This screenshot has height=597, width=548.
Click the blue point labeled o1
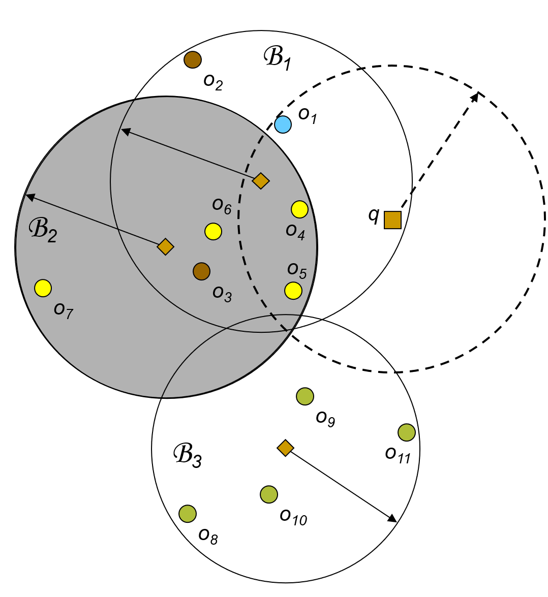283,124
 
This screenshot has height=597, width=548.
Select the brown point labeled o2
193,60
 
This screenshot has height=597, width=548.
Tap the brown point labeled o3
202,271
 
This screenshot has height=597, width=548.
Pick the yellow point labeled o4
300,209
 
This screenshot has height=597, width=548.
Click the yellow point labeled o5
293,290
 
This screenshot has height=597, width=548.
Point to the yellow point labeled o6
214,232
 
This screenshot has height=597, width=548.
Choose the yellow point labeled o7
43,288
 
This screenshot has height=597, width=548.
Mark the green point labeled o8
188,514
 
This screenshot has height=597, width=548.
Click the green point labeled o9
305,396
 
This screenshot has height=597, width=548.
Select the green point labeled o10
269,494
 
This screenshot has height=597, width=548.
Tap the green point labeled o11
407,432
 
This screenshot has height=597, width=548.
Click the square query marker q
392,220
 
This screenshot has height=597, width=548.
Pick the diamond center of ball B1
261,180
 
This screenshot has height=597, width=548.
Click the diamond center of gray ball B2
166,247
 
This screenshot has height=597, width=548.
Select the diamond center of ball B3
285,447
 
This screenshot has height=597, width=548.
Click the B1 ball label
277,58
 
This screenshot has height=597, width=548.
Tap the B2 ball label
43,230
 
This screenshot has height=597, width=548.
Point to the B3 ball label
188,455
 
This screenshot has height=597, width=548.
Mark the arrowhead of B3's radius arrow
394,520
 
